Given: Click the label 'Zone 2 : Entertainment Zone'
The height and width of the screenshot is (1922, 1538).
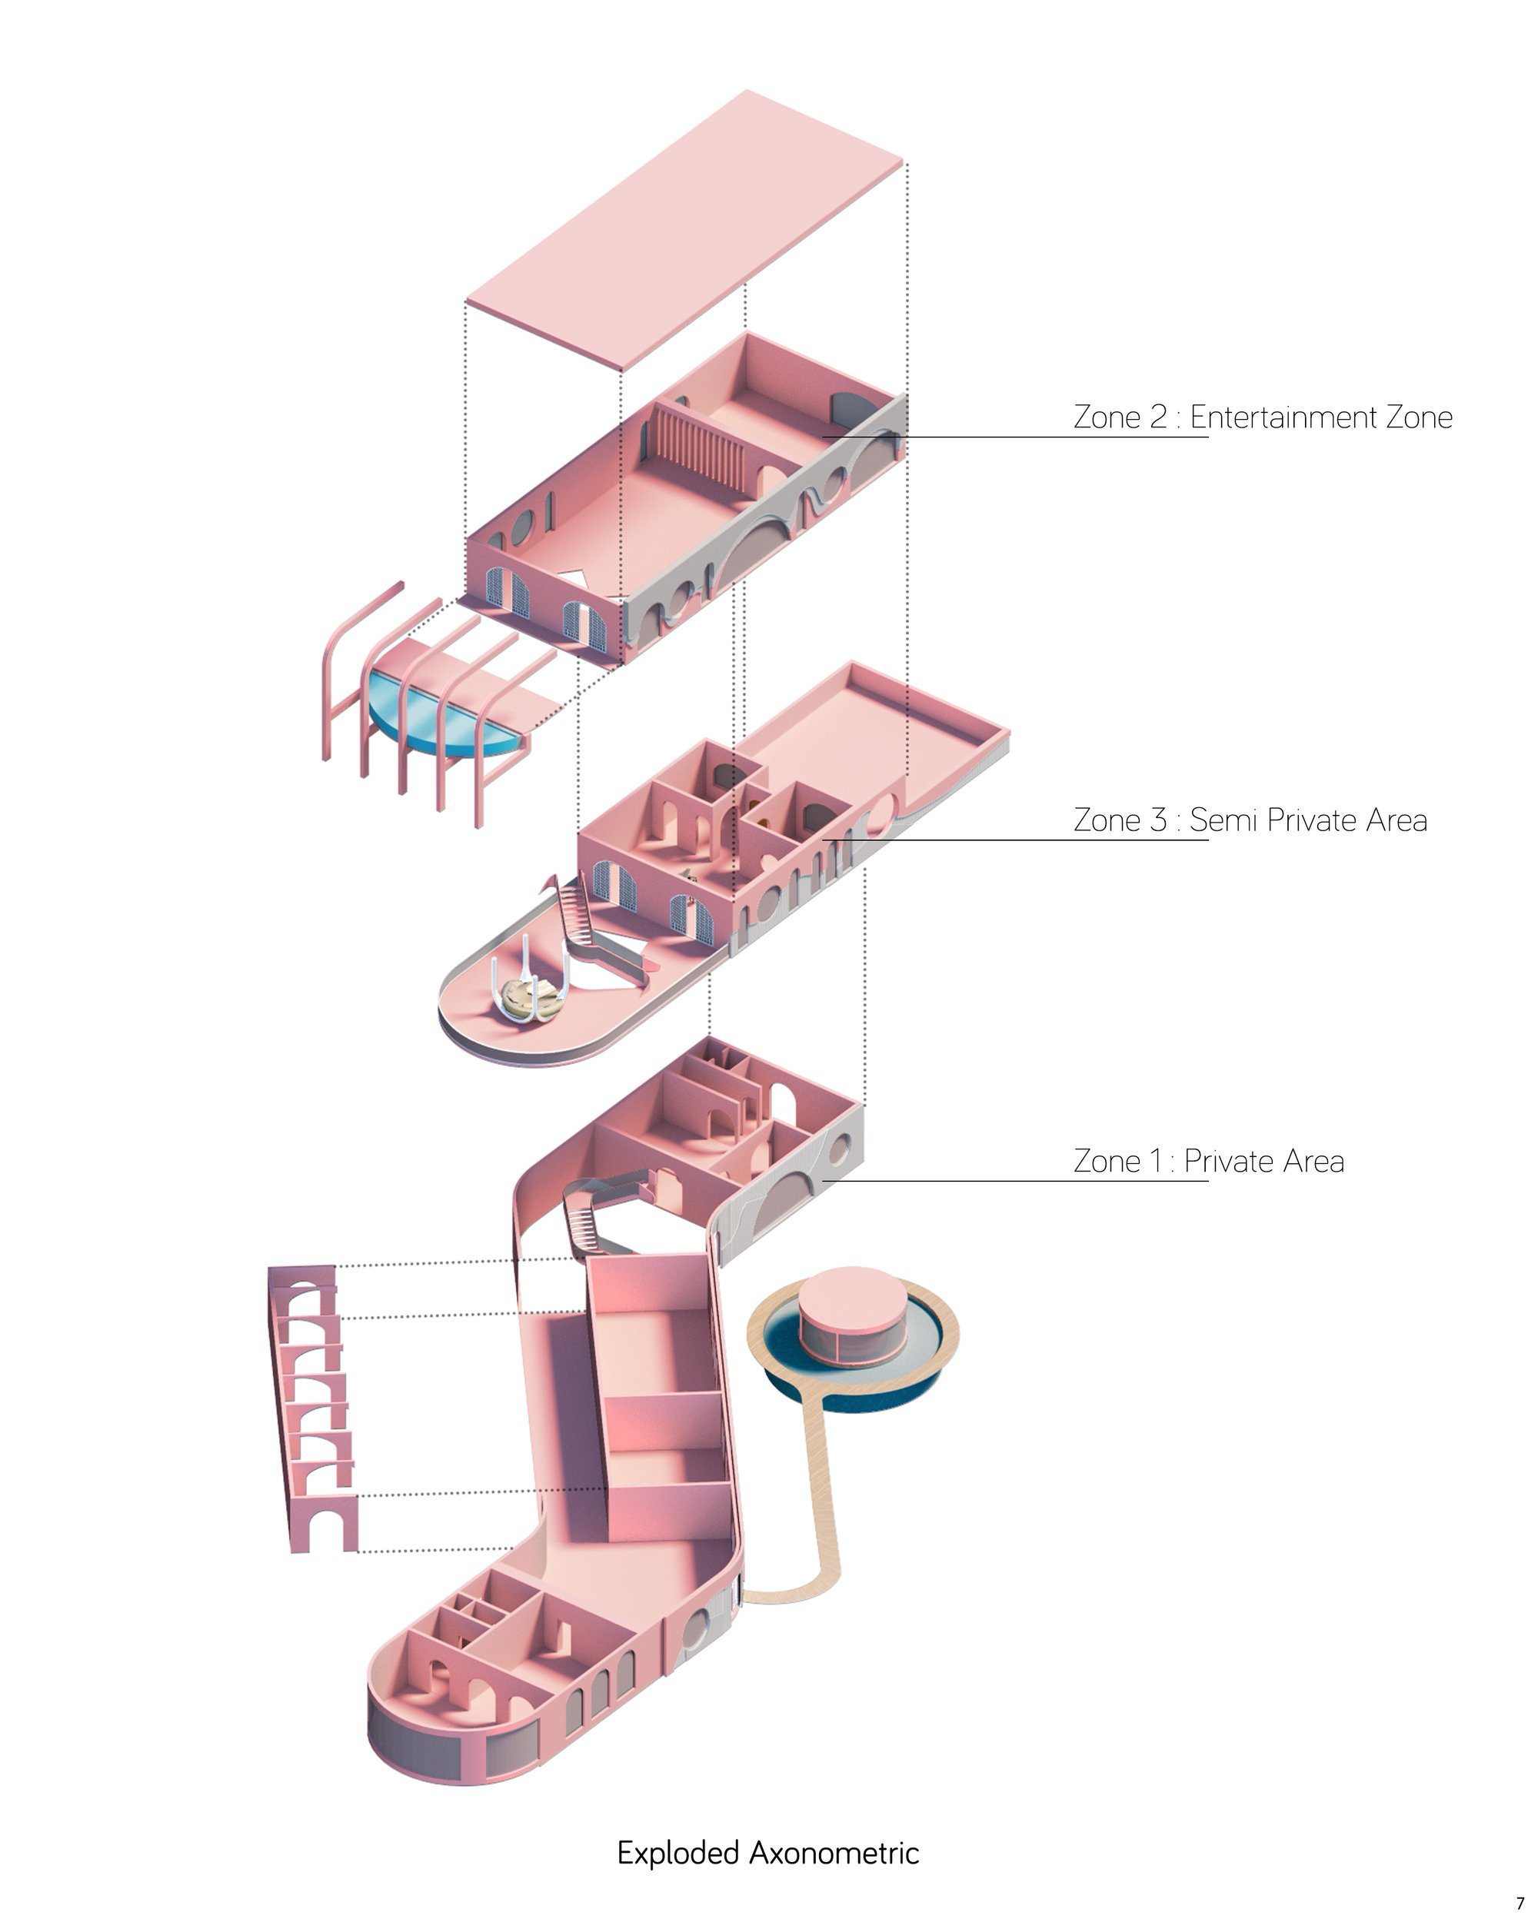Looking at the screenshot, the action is (x=1263, y=417).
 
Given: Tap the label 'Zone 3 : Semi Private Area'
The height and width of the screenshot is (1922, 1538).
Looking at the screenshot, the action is (x=1250, y=820).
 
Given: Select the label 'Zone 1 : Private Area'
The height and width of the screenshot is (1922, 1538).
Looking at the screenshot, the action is (x=1208, y=1162).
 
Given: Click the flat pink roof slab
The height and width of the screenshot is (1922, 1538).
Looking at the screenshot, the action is (x=684, y=230).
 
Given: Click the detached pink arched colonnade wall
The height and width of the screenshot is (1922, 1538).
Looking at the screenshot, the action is (x=313, y=1409).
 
